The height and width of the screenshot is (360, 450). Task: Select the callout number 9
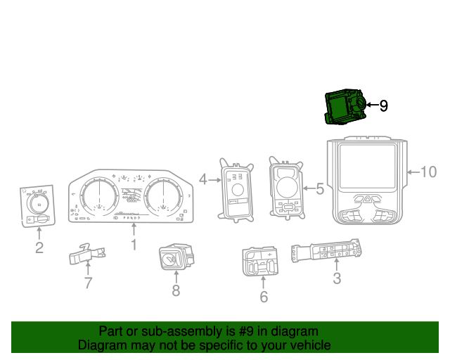pos(383,106)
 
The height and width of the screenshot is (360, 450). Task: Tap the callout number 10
pos(428,172)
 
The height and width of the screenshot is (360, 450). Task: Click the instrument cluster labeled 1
pos(130,200)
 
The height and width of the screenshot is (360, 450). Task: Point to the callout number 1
pos(134,245)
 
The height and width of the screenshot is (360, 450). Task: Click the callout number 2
pos(39,247)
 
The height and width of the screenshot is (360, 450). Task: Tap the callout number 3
pos(337,279)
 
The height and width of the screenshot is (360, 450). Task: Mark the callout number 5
pos(319,188)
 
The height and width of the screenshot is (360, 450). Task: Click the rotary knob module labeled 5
pos(286,188)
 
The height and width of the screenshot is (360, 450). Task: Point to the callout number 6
pos(264,297)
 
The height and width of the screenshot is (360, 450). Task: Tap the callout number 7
pos(88,283)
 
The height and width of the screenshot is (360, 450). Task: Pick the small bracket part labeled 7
pos(87,255)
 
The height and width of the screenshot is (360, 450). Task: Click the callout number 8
pos(176,290)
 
